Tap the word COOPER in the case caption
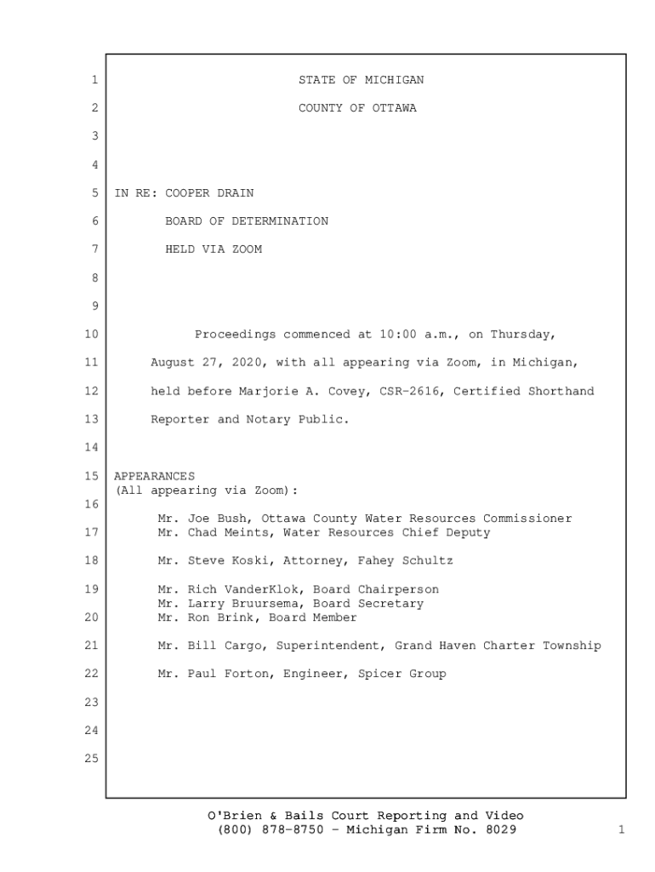(x=187, y=192)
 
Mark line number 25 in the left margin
(x=92, y=758)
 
